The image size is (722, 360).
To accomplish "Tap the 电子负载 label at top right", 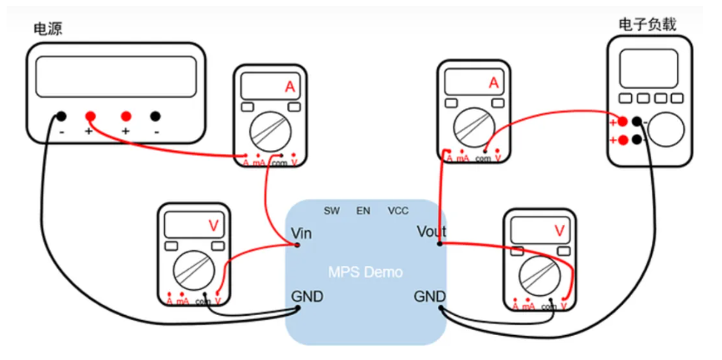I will [646, 23].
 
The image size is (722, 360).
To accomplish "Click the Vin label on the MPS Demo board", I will [301, 233].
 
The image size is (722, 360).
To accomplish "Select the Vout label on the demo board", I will [431, 232].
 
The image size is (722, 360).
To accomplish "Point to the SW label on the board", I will [332, 211].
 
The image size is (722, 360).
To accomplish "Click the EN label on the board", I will [363, 211].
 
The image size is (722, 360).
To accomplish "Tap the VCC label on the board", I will [398, 211].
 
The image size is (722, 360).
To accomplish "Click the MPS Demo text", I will [366, 272].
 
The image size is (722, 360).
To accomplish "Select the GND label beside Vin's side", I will [306, 297].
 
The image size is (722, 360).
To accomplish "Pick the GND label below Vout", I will [431, 296].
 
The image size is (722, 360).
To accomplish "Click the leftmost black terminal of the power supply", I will [62, 117].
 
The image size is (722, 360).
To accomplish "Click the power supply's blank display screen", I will [117, 76].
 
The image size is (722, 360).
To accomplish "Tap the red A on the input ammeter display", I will [289, 87].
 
